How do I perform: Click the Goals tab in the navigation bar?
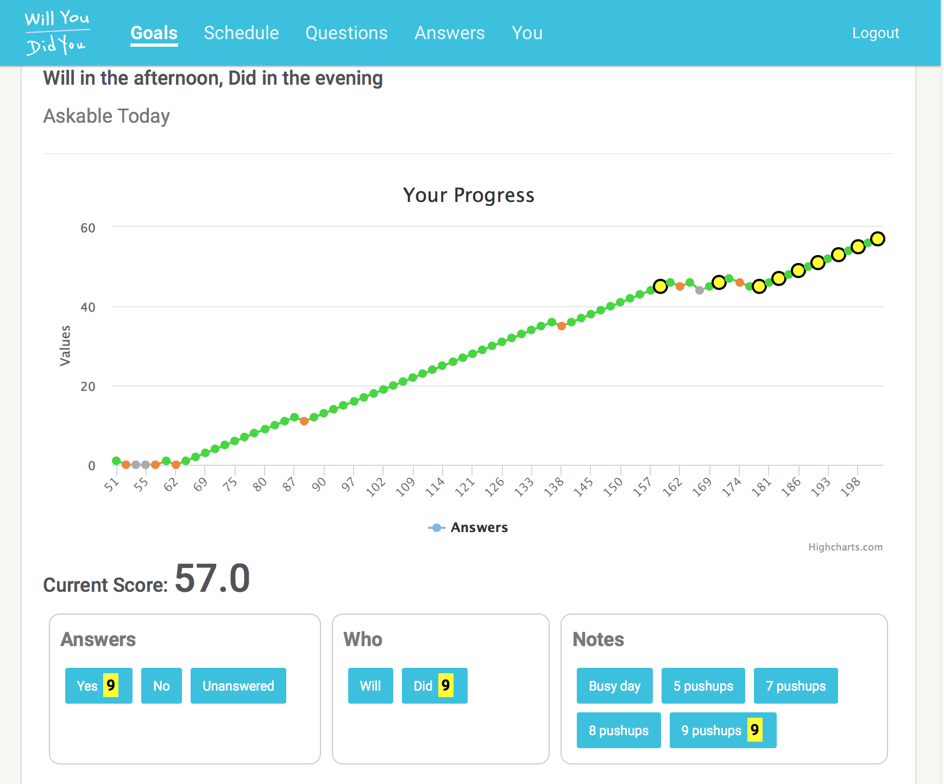[154, 33]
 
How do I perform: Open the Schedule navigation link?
[241, 33]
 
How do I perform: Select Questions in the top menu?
[347, 33]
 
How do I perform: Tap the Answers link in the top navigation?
[450, 33]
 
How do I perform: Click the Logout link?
[876, 33]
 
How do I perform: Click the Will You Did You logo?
[57, 33]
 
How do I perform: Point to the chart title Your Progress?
[469, 195]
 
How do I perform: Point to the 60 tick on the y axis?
[88, 228]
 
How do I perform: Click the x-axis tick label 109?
[406, 486]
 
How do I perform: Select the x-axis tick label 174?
[732, 486]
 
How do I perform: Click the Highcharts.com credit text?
[845, 547]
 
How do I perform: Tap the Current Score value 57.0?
[212, 579]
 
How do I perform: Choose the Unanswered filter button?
[238, 686]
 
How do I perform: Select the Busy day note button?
[614, 686]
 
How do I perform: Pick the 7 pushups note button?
[796, 686]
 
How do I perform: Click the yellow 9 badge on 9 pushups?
[754, 730]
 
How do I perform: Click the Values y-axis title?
[65, 346]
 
